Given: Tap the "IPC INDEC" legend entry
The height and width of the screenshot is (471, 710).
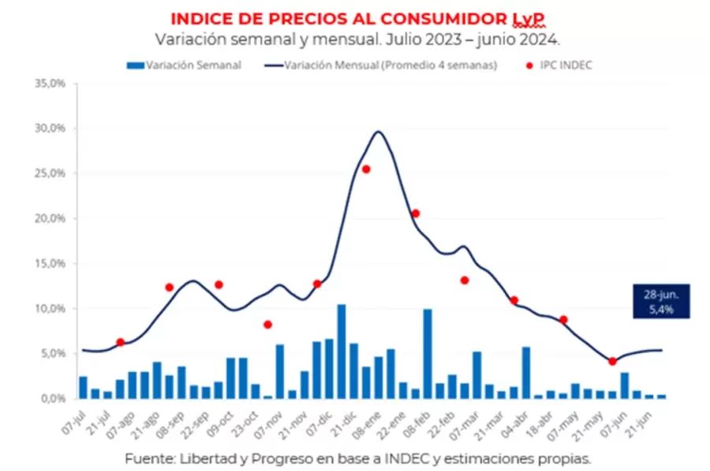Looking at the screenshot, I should click(561, 66).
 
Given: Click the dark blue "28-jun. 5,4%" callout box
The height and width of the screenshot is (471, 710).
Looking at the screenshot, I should click(660, 301).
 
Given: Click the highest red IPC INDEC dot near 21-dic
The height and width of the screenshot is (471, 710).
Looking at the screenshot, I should click(366, 169).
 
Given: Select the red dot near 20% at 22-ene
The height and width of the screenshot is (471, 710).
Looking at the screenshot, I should click(416, 213).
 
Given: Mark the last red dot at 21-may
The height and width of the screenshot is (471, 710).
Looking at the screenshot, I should click(612, 361).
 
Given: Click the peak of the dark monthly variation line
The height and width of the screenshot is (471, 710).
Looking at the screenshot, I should click(379, 132).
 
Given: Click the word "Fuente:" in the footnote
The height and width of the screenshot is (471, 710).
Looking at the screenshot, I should click(148, 458).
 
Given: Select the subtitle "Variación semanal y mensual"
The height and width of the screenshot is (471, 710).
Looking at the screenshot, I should click(253, 39).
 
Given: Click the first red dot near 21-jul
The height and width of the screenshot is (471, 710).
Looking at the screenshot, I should click(120, 342).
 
